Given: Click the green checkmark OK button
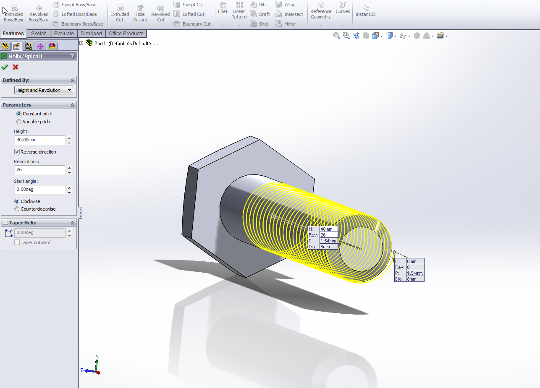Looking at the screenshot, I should tap(5, 67).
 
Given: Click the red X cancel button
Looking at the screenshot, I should tap(16, 67).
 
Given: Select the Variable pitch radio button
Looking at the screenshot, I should tap(18, 122).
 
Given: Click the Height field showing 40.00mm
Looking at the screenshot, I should tap(40, 140).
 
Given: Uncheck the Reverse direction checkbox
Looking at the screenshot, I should tap(17, 152).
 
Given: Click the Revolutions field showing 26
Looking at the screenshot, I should tap(40, 170).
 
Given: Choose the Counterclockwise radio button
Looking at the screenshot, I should tap(17, 209).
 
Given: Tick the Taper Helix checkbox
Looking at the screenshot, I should tap(5, 223).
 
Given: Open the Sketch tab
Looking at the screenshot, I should tap(39, 34).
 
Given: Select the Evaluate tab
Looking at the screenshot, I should tap(64, 34).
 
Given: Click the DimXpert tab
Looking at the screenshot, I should tap(91, 34).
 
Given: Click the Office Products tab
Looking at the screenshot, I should tap(126, 34).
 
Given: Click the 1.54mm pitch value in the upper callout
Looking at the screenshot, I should tap(328, 241).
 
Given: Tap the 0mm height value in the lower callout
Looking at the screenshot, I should tap(415, 261).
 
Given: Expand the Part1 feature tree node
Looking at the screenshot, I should tap(81, 43).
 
